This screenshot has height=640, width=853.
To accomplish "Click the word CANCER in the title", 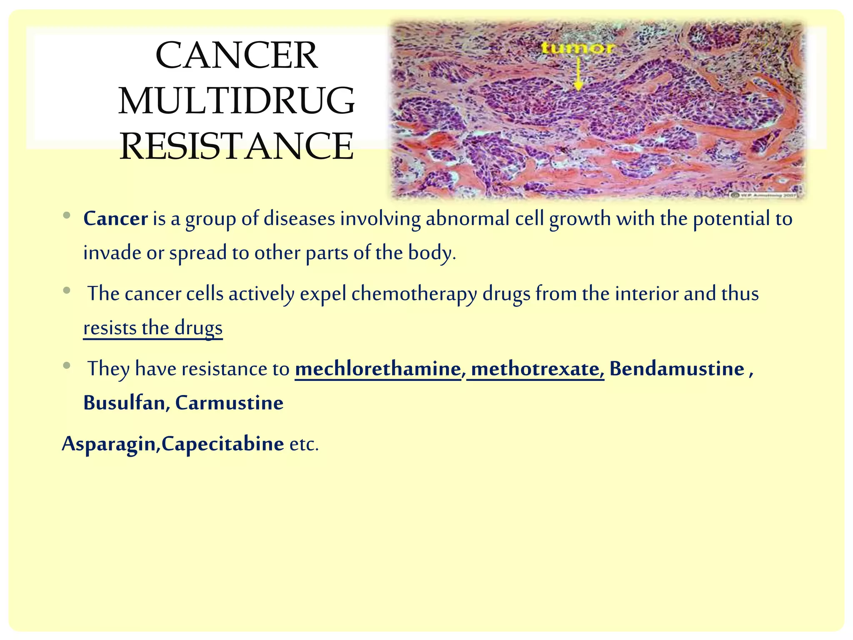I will (x=237, y=56).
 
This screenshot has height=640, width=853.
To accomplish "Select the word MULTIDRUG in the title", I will (x=237, y=101).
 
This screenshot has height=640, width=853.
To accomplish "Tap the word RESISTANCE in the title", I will (x=237, y=146).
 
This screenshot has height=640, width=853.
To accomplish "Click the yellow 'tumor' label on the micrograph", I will (x=577, y=48).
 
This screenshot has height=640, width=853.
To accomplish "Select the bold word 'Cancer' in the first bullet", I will (x=115, y=219).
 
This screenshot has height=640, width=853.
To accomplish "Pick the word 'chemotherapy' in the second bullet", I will (x=414, y=294).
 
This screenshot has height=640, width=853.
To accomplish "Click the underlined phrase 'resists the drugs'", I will (x=153, y=328).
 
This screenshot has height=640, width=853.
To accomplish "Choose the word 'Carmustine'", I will (x=229, y=403).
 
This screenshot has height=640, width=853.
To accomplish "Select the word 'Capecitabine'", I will (x=223, y=444).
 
